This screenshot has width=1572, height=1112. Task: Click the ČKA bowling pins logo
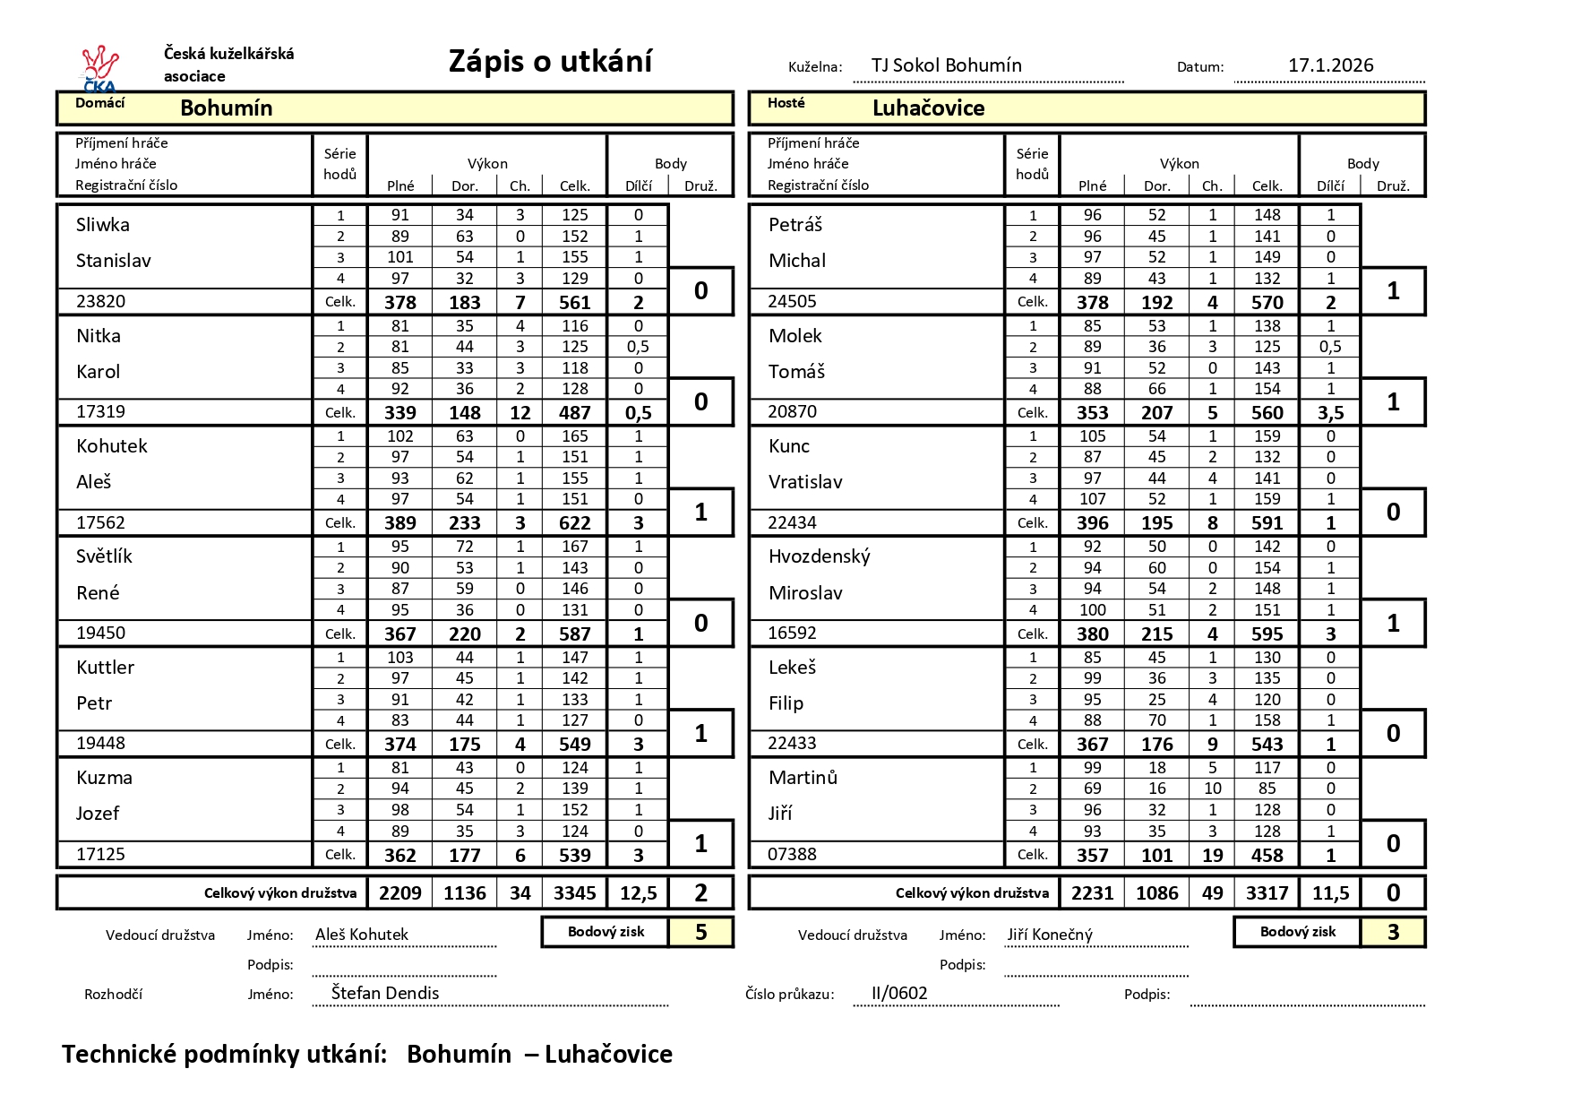pyautogui.click(x=99, y=68)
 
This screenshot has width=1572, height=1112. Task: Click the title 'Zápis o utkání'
pyautogui.click(x=550, y=61)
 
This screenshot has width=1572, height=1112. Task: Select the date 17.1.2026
pyautogui.click(x=1330, y=65)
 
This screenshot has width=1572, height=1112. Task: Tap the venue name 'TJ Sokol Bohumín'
pyautogui.click(x=946, y=65)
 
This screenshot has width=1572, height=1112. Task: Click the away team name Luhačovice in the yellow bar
pyautogui.click(x=928, y=108)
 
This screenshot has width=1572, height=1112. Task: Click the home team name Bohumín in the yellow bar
pyautogui.click(x=226, y=108)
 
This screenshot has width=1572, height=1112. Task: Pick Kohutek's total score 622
pyautogui.click(x=574, y=523)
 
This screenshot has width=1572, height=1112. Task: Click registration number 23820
pyautogui.click(x=100, y=301)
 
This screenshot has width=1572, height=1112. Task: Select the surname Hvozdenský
pyautogui.click(x=819, y=556)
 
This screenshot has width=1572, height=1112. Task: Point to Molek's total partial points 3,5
pyautogui.click(x=1330, y=413)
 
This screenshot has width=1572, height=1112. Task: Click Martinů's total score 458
pyautogui.click(x=1267, y=856)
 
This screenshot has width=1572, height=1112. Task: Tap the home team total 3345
pyautogui.click(x=574, y=893)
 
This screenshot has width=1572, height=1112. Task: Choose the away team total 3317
pyautogui.click(x=1267, y=893)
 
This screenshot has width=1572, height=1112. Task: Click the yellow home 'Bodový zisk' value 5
pyautogui.click(x=700, y=933)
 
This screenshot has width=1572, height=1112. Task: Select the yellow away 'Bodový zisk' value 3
pyautogui.click(x=1393, y=933)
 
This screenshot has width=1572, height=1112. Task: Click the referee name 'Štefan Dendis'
pyautogui.click(x=385, y=993)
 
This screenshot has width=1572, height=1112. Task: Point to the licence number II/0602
pyautogui.click(x=899, y=993)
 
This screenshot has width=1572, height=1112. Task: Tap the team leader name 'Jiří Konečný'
pyautogui.click(x=1050, y=935)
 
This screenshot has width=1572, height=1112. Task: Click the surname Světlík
pyautogui.click(x=104, y=556)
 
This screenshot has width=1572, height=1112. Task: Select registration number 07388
pyautogui.click(x=792, y=854)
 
